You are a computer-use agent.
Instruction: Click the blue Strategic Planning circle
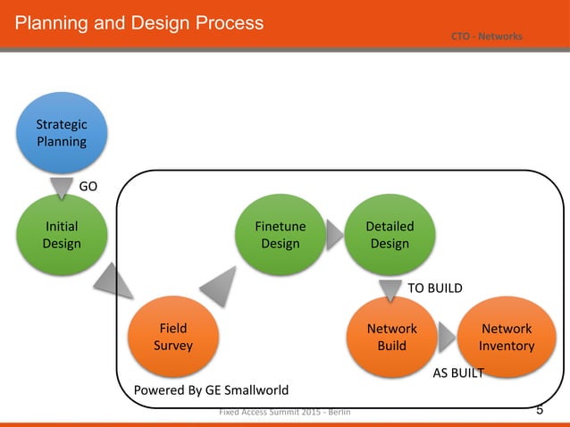(x=62, y=133)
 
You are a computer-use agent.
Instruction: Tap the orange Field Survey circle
(x=173, y=337)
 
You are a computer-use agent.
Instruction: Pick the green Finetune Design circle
(x=280, y=236)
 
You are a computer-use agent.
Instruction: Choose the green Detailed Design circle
(x=390, y=236)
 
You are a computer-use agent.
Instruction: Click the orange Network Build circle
(x=391, y=337)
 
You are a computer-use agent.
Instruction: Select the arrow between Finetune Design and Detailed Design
(x=334, y=235)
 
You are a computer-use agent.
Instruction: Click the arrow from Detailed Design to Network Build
(x=390, y=290)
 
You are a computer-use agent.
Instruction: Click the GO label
(x=88, y=187)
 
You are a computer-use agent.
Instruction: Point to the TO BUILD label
(x=435, y=288)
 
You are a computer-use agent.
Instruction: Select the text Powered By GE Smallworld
(x=211, y=390)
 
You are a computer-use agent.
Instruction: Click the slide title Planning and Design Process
(x=139, y=22)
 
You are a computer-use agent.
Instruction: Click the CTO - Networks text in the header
(x=487, y=37)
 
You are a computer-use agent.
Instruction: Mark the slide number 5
(x=540, y=410)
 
